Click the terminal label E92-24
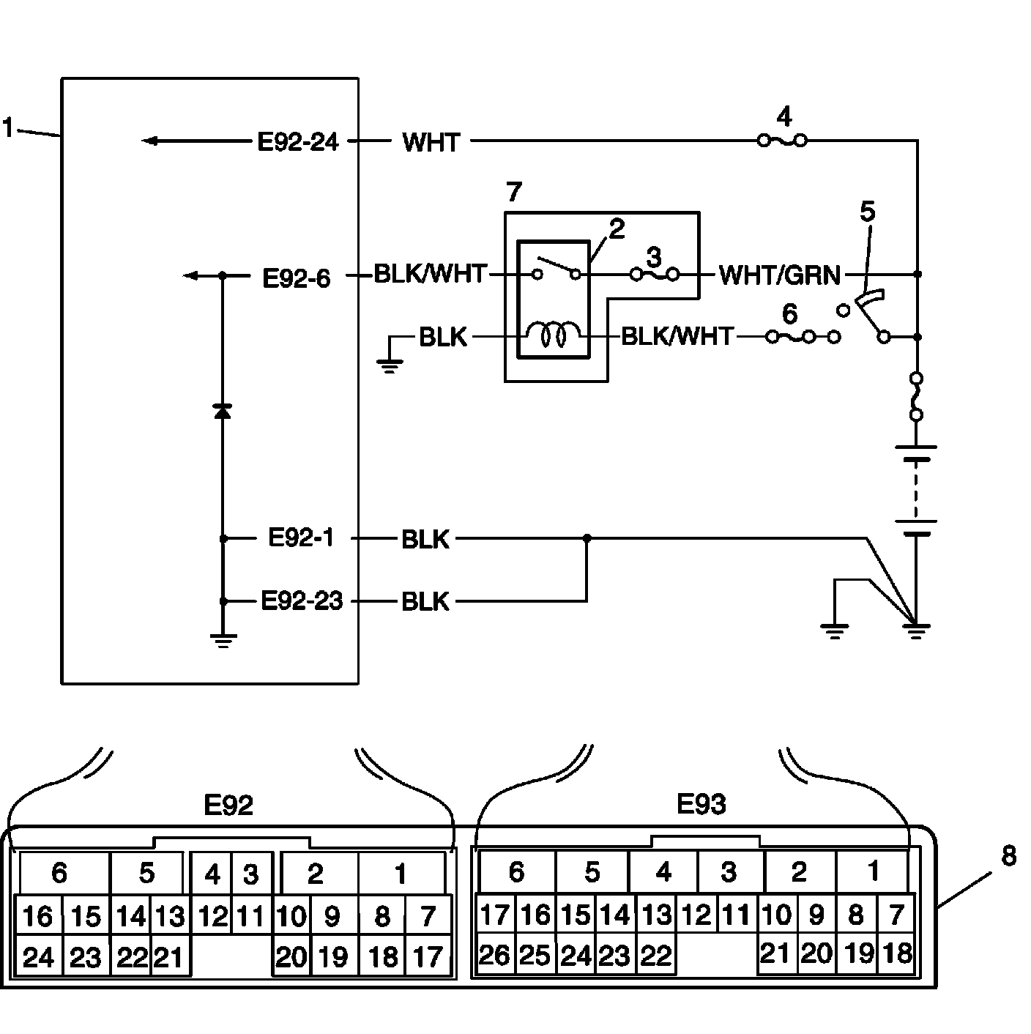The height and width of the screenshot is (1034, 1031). coord(298,142)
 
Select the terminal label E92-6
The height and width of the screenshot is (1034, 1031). coord(297,278)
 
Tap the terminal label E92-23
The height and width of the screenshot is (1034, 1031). coord(302,601)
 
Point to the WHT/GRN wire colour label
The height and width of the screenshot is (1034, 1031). coord(779,275)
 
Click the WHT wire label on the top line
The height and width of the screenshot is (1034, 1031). coord(431,143)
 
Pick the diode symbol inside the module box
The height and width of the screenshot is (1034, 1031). coord(223,412)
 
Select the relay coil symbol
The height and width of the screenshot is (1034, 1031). coord(554,335)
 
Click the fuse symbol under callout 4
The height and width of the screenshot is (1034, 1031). coord(783,141)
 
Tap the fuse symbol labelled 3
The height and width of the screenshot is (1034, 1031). coord(655,275)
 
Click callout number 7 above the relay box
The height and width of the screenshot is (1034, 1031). coord(514,192)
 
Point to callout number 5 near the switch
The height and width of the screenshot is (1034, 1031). coord(867,212)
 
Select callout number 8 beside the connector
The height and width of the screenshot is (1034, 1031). coord(1009,855)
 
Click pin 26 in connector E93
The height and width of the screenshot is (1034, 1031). coord(494,956)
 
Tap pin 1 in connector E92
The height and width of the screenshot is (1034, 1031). coord(401,874)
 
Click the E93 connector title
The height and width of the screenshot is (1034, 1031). coord(701,804)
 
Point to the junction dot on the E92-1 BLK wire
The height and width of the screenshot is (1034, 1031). coord(587,538)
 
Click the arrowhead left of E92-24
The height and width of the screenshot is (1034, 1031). coord(149,141)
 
